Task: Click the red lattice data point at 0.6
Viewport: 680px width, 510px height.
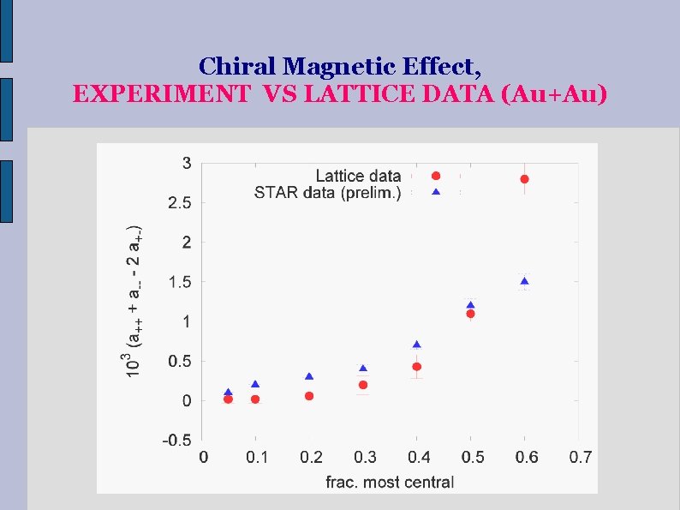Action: [524, 179]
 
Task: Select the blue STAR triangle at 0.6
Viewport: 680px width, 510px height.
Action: [524, 281]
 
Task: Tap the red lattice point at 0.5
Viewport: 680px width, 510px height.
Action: [470, 314]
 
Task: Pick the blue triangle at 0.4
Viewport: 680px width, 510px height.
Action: [416, 345]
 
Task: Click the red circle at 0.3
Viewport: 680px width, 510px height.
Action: [363, 385]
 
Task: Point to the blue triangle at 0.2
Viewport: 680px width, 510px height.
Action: [309, 376]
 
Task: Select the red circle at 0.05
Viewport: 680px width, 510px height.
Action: [229, 399]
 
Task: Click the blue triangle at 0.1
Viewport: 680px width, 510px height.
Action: [255, 384]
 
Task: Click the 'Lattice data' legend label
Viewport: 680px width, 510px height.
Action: [358, 177]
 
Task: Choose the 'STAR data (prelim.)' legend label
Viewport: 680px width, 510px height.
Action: [327, 193]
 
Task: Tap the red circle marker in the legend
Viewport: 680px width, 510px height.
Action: [435, 177]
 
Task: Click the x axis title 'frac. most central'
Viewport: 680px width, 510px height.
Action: [390, 482]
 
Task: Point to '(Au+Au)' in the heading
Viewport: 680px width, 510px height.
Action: [552, 93]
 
